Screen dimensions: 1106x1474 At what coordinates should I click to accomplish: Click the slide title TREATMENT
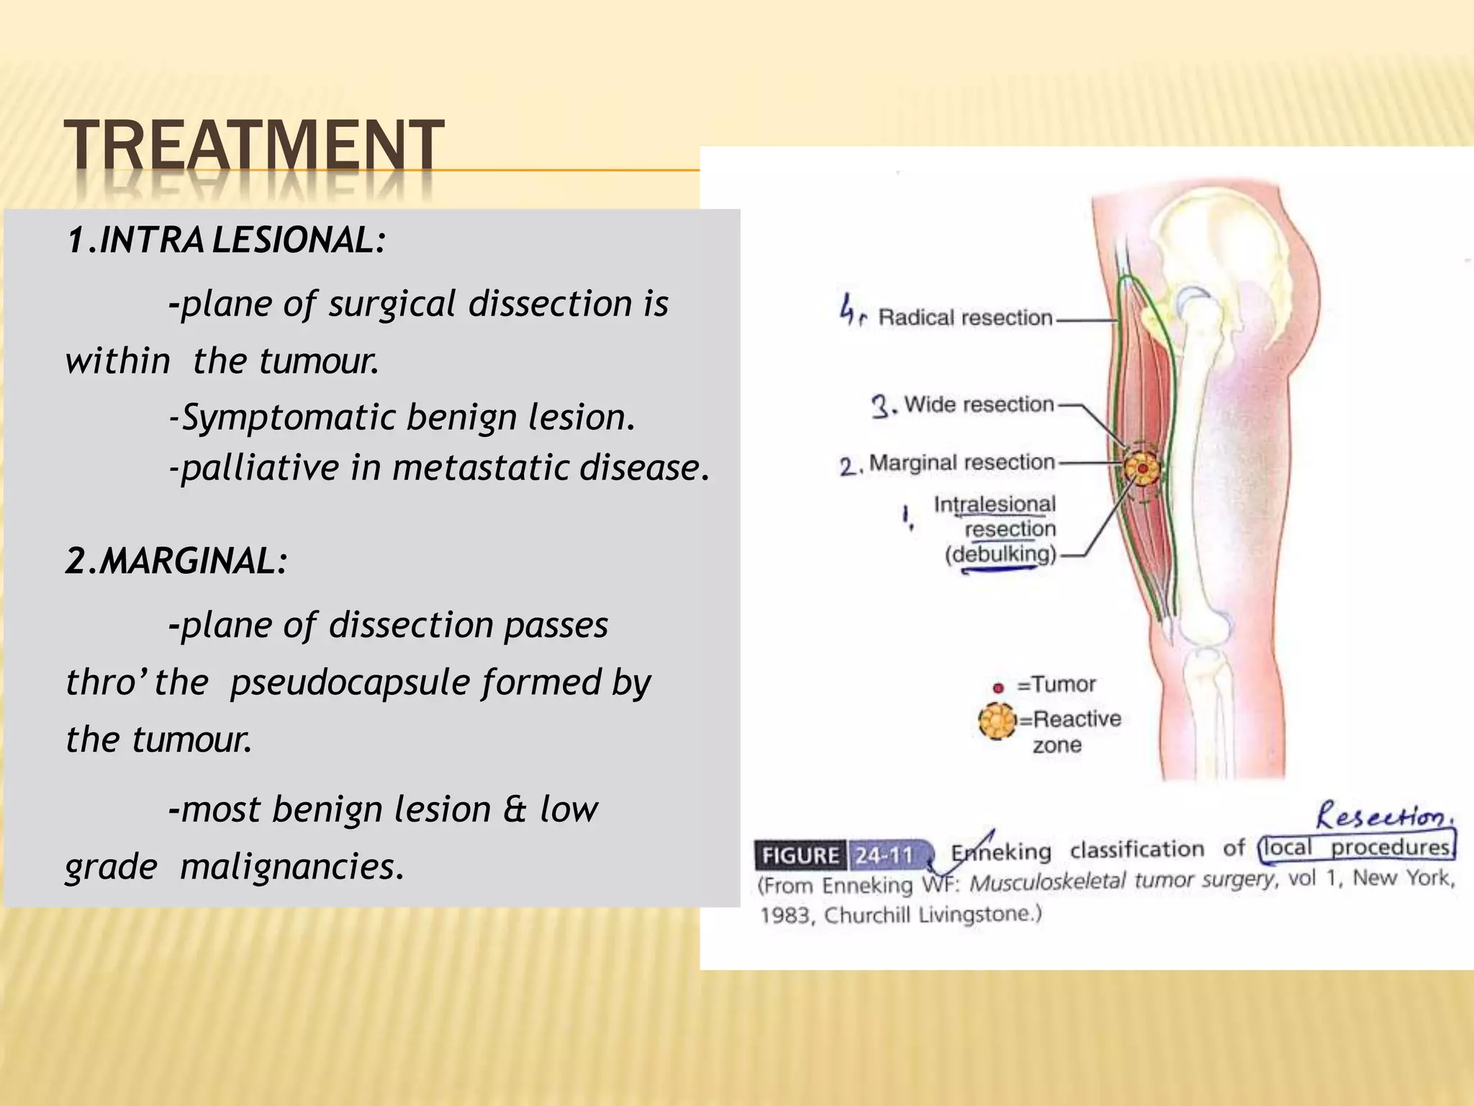[253, 146]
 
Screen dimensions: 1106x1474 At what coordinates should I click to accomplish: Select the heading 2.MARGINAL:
[176, 561]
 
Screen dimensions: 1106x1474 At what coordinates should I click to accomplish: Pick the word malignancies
[291, 866]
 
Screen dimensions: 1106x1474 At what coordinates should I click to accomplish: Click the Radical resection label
[964, 318]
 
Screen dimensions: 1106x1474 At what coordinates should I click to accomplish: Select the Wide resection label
[979, 404]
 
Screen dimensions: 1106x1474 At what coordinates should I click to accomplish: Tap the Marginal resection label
[962, 462]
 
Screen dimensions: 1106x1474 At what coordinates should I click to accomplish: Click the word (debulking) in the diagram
[1000, 554]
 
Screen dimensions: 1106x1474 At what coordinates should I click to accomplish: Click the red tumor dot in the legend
[998, 688]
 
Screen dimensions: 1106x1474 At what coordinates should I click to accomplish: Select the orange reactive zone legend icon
[997, 720]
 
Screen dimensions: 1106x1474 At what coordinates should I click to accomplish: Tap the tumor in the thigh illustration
[1143, 469]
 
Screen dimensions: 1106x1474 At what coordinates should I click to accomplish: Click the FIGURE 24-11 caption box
[843, 855]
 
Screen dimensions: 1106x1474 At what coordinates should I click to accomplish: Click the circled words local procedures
[1357, 848]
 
